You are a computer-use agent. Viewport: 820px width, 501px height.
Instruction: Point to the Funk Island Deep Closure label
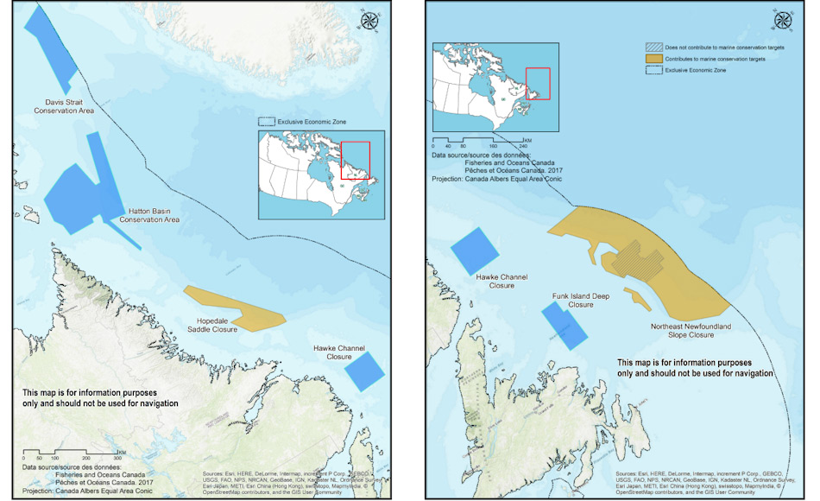pos(581,300)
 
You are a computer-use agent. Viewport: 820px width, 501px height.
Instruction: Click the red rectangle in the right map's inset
pos(538,83)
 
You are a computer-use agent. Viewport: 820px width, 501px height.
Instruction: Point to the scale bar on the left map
pos(73,451)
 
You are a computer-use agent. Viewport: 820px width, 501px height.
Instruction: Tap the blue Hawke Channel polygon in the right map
pos(474,248)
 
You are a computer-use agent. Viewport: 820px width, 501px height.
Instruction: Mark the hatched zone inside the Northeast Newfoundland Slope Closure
pos(634,259)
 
